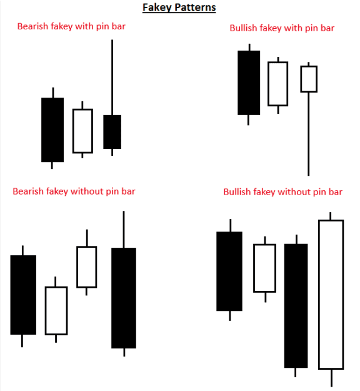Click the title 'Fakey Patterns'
(x=179, y=8)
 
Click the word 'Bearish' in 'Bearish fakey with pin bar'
(x=32, y=26)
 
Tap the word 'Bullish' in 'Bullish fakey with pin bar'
(x=243, y=28)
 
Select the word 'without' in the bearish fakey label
(x=87, y=191)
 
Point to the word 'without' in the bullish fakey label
(x=294, y=192)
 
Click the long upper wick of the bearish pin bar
(x=112, y=78)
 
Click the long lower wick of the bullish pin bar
(x=308, y=134)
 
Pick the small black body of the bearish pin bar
(x=112, y=132)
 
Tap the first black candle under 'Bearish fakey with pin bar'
(x=52, y=129)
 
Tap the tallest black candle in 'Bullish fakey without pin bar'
(x=296, y=305)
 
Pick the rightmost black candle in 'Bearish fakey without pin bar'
(x=124, y=298)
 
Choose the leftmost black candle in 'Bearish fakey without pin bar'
(x=23, y=295)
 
